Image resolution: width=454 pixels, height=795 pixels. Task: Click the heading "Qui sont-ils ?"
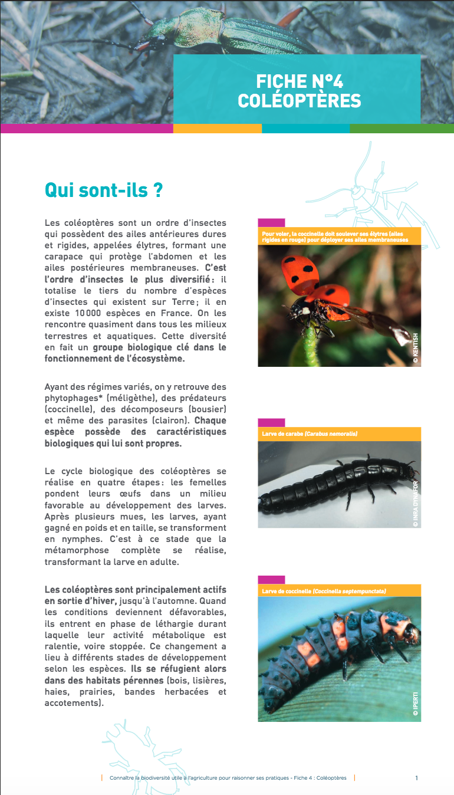103,190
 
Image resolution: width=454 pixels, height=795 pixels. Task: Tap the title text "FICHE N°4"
300,81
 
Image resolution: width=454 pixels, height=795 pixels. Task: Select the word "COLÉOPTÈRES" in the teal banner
300,101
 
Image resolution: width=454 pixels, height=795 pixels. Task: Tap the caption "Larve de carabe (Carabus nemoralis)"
310,434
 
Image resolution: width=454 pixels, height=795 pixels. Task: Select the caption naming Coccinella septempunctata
324,591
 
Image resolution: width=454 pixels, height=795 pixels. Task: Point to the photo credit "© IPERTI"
415,705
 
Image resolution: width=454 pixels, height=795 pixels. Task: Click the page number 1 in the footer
416,778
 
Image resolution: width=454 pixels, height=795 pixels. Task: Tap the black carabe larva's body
330,483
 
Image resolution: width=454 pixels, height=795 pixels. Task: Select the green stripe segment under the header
402,128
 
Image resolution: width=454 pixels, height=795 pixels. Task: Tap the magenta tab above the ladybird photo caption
271,223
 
